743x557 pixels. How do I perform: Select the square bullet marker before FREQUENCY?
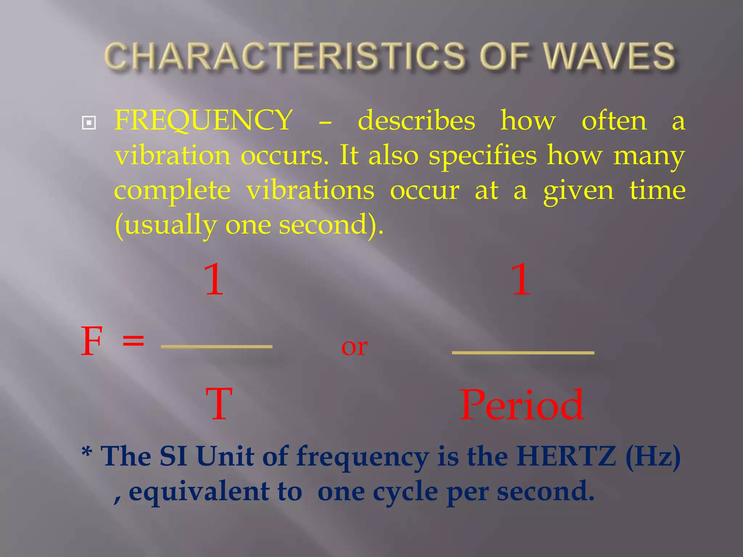[x=89, y=123]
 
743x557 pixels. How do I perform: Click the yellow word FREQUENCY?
[x=204, y=120]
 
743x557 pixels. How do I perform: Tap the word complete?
[x=172, y=191]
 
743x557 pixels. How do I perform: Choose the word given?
[x=578, y=191]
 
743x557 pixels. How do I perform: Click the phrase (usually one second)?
[x=249, y=225]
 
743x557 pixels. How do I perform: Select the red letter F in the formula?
[x=91, y=341]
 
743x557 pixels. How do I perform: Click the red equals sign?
[x=133, y=341]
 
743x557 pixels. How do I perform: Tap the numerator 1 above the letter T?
[x=214, y=279]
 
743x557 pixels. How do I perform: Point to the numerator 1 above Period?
[x=521, y=279]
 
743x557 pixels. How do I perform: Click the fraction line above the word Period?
[x=523, y=352]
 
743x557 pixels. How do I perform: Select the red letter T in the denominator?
[x=219, y=404]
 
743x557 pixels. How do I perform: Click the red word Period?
[x=522, y=405]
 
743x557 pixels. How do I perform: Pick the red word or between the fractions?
[x=354, y=347]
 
